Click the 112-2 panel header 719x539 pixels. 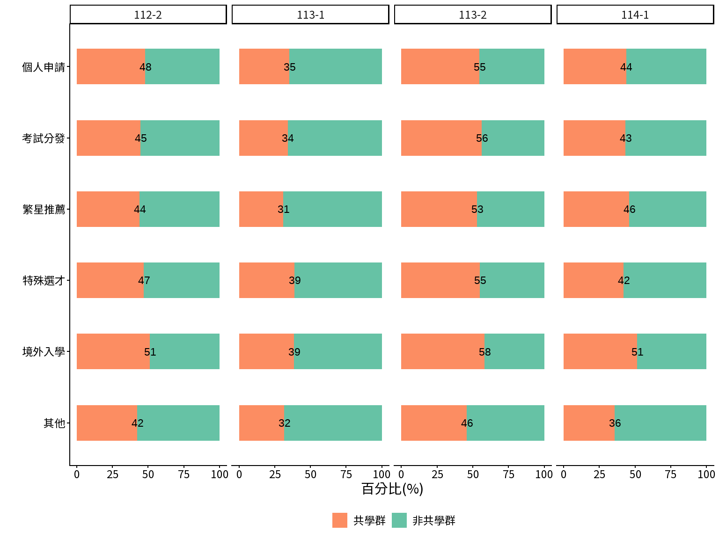point(148,15)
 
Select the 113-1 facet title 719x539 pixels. point(310,15)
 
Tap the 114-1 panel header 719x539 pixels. point(635,15)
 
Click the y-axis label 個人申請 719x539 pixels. point(44,67)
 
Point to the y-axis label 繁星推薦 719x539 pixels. point(44,209)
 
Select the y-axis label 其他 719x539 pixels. point(54,423)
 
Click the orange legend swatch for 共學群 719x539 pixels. point(340,520)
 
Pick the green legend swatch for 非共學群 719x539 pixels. point(399,520)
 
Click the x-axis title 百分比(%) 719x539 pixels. point(392,489)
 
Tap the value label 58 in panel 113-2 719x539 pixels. point(484,352)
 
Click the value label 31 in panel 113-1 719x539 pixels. point(283,209)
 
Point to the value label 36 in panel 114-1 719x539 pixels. point(615,423)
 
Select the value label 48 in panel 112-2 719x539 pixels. point(146,67)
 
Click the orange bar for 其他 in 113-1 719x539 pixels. point(262,423)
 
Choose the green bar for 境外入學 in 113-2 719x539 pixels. point(514,351)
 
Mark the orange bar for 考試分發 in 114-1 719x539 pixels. point(594,138)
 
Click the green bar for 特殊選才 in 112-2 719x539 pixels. point(182,280)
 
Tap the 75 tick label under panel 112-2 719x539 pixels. point(184,474)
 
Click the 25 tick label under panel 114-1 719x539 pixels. point(600,474)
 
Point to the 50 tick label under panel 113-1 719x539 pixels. point(310,474)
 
